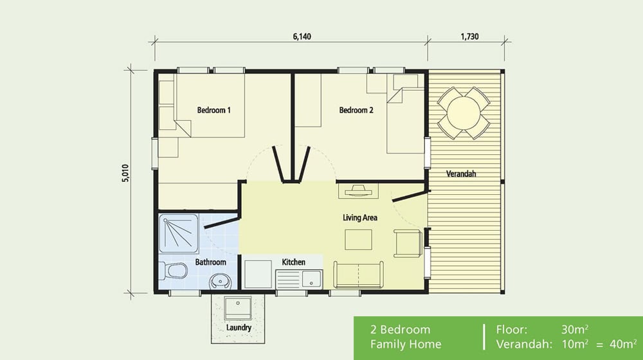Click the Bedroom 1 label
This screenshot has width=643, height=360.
coord(213,110)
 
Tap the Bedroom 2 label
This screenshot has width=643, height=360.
coord(356,110)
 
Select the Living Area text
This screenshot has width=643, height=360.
coord(360,218)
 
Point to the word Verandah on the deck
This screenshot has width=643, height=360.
coord(461,174)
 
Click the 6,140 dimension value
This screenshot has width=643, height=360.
coord(302,37)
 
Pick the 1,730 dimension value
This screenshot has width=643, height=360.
coord(469,37)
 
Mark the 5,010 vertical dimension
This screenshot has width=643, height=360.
coord(125,174)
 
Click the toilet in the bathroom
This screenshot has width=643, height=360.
coord(174,271)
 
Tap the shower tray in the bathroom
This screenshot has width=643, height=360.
coord(179,233)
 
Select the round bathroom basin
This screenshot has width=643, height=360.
coord(220,282)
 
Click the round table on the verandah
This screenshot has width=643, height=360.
coord(464,113)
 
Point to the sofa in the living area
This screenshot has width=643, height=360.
coord(358,274)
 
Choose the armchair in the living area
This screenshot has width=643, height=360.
coord(408,243)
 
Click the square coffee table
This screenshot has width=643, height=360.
coord(358,239)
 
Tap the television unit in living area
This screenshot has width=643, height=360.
coord(358,191)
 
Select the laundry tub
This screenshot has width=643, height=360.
coord(238,309)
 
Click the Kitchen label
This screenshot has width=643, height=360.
coord(294,262)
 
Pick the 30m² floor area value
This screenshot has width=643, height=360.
coord(575,329)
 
